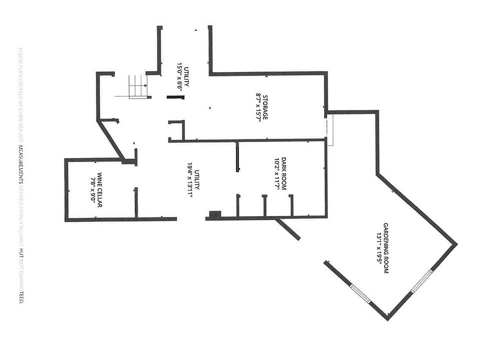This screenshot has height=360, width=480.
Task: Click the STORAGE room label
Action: [x=265, y=107]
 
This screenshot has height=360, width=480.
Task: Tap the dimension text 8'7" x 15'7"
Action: [x=258, y=107]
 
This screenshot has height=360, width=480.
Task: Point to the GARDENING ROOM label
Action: [x=386, y=247]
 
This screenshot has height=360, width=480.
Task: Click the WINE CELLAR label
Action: [x=99, y=190]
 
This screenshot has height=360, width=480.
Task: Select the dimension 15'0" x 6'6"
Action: [x=179, y=76]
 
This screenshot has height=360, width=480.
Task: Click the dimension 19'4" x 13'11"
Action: [x=190, y=180]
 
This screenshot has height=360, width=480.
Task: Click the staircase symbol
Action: [x=138, y=86]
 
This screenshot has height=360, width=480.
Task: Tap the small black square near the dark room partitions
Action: [x=214, y=214]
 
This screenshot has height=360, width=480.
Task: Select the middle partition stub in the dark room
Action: [x=264, y=205]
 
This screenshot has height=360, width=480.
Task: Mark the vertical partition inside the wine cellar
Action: [x=135, y=202]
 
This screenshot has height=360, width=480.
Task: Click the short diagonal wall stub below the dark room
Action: [x=288, y=229]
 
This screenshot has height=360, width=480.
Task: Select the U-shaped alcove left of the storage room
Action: [x=176, y=130]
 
